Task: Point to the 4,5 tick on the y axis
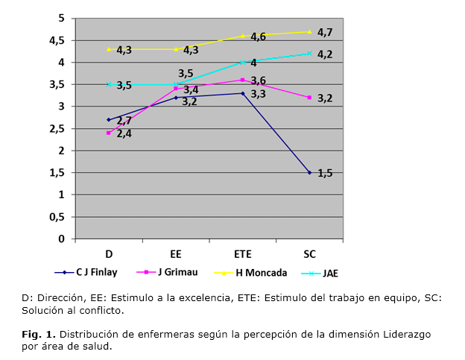57,40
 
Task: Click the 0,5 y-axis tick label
57,217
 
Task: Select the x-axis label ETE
243,253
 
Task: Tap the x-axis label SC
309,253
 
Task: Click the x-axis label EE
176,253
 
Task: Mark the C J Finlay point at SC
309,172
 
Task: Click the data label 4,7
325,32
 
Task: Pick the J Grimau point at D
109,133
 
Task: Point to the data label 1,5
325,173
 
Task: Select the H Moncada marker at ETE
243,36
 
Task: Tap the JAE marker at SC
309,53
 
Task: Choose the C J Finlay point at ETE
243,93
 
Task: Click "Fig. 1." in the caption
38,333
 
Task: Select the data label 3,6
258,80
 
